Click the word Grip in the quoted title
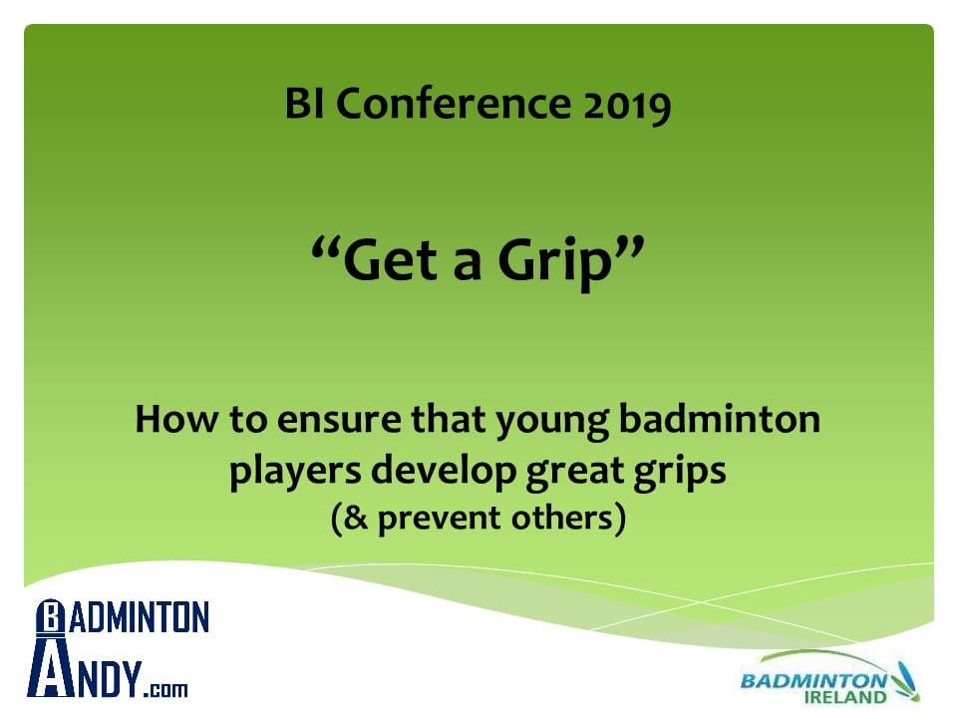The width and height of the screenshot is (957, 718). [554, 261]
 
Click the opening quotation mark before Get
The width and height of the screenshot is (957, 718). [325, 249]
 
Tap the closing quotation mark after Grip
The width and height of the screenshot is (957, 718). [629, 249]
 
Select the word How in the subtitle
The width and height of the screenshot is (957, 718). [176, 419]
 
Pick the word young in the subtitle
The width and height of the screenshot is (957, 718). [551, 423]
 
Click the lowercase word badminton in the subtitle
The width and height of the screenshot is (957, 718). [720, 419]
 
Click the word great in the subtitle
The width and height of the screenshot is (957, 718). [575, 473]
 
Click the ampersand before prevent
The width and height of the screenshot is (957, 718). [356, 518]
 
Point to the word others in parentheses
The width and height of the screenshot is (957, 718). [561, 518]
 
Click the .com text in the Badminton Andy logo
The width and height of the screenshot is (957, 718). [166, 690]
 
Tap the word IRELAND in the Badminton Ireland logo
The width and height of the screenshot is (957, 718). [846, 697]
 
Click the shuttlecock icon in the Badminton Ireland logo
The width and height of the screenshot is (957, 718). [905, 681]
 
